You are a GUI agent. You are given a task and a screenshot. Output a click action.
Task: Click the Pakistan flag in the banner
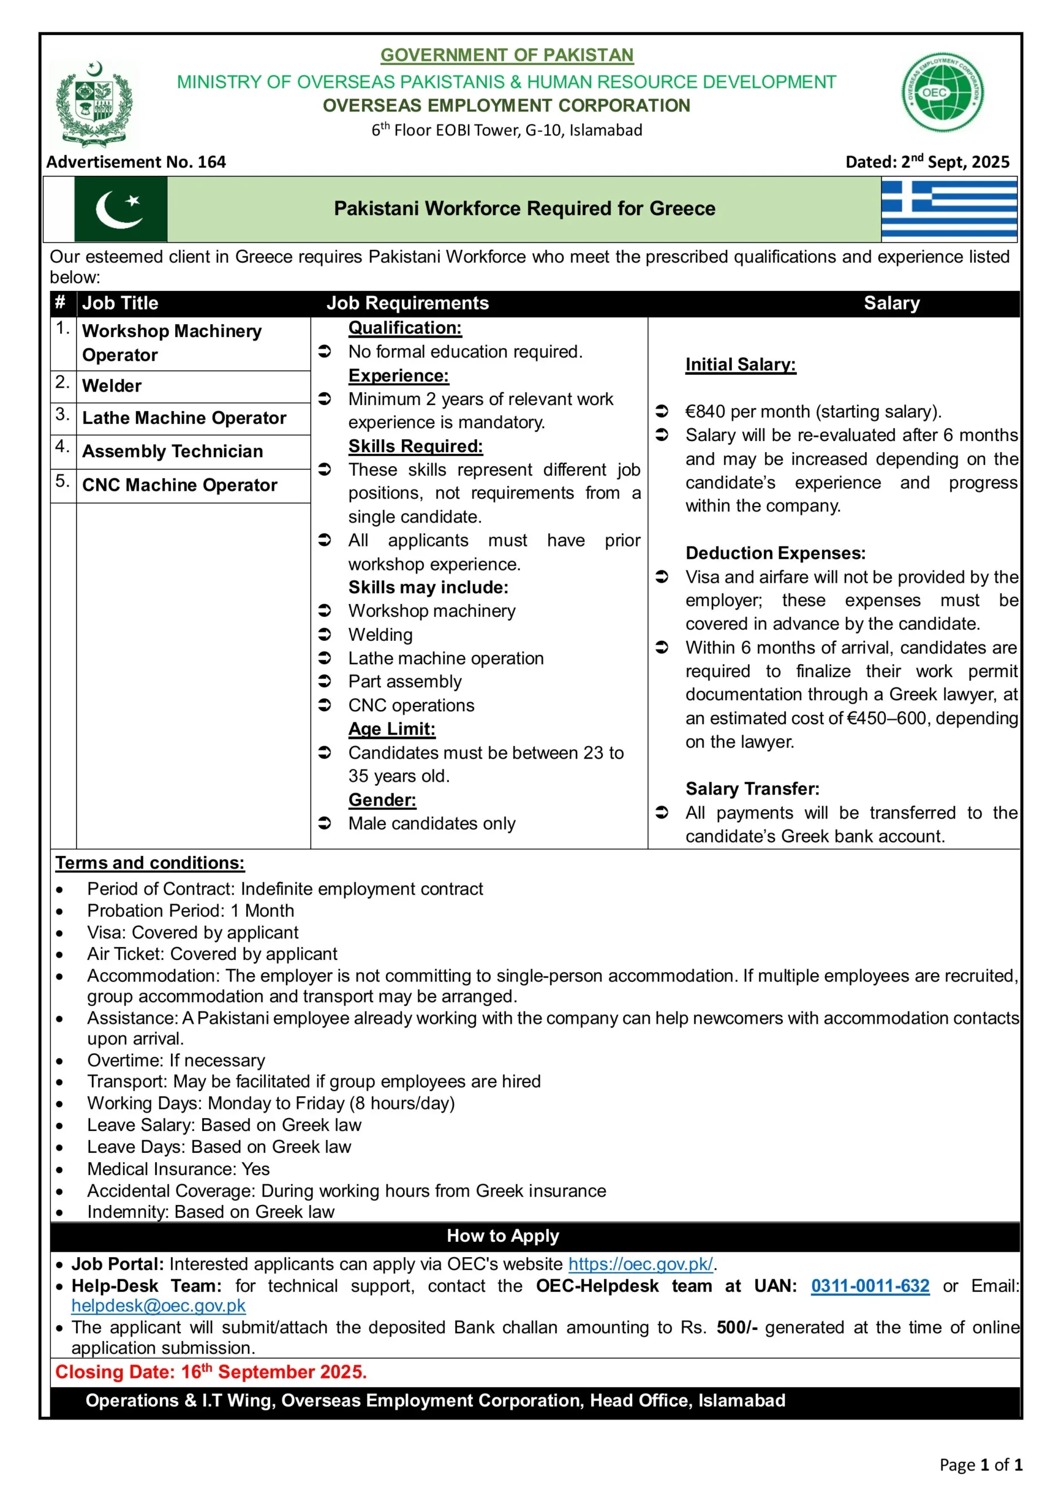click(x=121, y=209)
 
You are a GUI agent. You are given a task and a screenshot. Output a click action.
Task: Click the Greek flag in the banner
click(x=949, y=209)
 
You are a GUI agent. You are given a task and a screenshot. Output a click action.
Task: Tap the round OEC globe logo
click(x=942, y=92)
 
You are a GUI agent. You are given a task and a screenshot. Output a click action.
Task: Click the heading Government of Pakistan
click(x=507, y=56)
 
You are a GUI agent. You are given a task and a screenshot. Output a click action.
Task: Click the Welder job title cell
click(x=112, y=386)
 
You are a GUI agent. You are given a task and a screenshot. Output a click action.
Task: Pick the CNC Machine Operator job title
click(x=180, y=485)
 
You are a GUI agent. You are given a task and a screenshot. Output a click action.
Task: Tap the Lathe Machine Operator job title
click(x=184, y=417)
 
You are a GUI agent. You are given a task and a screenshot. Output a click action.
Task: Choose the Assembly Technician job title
click(x=172, y=451)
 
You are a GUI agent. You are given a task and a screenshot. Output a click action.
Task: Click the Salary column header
click(x=891, y=303)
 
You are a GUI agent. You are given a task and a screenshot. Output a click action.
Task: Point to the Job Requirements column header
click(x=408, y=303)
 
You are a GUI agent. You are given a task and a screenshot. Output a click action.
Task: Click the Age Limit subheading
click(x=392, y=729)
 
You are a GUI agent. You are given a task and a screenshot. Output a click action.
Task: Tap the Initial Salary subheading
click(x=740, y=365)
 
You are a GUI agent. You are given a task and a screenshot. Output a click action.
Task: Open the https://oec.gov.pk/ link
click(x=641, y=1264)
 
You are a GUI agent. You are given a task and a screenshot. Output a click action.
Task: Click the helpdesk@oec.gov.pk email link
click(x=159, y=1306)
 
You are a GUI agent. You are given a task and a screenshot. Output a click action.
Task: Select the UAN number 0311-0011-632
click(x=869, y=1286)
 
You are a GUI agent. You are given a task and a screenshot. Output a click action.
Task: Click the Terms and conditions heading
click(x=149, y=863)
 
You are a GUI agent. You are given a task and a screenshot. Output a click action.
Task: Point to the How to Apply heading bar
click(x=503, y=1235)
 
